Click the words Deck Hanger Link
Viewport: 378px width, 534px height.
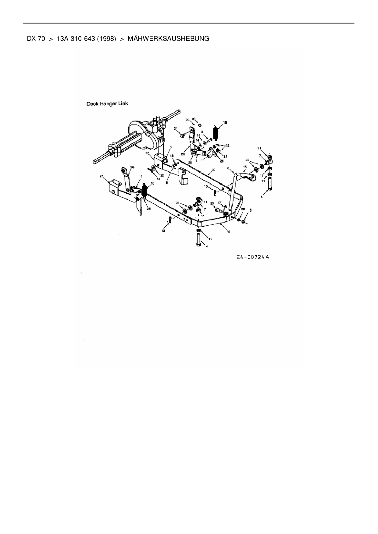(x=107, y=104)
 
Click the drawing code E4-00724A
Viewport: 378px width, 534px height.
(x=253, y=257)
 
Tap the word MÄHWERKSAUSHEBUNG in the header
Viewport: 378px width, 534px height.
(x=169, y=39)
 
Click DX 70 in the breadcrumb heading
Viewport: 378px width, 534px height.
(x=36, y=39)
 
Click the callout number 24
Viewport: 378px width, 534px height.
(x=176, y=129)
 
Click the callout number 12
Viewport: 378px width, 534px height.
(x=227, y=146)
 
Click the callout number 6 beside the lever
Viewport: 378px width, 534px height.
(x=228, y=168)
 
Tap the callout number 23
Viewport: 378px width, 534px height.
(x=212, y=203)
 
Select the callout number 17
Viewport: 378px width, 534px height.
(x=219, y=203)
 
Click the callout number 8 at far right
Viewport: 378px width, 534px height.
(x=250, y=210)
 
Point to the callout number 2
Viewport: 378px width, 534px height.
(x=202, y=132)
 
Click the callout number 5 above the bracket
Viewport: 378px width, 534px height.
(x=171, y=147)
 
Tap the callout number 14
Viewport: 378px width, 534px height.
(x=198, y=140)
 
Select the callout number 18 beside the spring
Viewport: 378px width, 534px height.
(x=225, y=122)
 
